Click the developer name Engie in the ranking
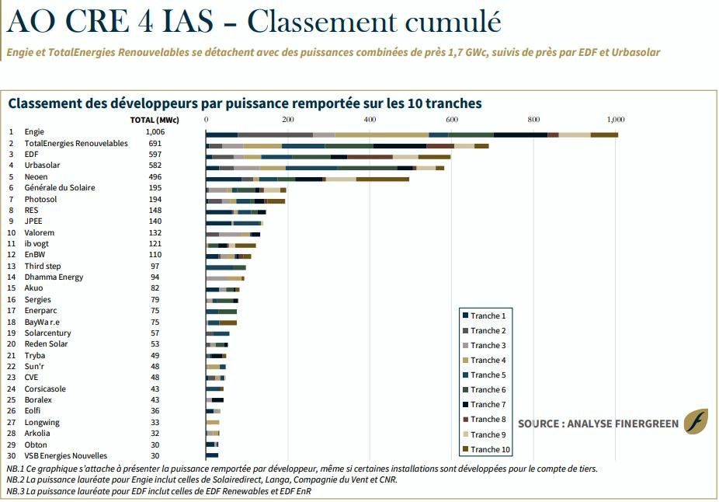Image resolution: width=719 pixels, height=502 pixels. coord(34,132)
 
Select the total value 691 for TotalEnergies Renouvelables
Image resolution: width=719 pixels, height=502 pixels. coord(155,143)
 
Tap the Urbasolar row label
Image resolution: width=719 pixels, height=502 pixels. coord(42,166)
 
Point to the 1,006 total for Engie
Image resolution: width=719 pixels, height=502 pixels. coord(155,132)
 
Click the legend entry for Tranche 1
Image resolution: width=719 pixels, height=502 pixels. coord(485,315)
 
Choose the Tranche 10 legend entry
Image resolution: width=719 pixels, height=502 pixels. coord(486,449)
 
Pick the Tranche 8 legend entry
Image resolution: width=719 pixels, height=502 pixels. coord(485,419)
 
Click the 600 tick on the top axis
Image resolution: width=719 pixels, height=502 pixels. coord(452,120)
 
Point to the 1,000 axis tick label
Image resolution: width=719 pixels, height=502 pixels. coord(616,120)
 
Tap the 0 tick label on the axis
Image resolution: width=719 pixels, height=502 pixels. coord(207,120)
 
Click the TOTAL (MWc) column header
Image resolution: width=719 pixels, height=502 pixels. coord(155,120)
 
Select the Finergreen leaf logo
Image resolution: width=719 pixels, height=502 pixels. coord(696,422)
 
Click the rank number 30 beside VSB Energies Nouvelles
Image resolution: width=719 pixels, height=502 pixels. coord(12,456)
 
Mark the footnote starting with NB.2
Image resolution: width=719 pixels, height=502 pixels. coord(202,480)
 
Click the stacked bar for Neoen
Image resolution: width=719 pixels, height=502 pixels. coord(307,179)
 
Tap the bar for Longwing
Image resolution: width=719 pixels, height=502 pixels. coord(213,422)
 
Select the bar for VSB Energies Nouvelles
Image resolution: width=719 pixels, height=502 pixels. coord(212,455)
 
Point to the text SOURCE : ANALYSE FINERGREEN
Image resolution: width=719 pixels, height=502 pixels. coord(599,424)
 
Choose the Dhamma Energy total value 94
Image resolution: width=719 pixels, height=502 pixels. coord(155,277)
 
